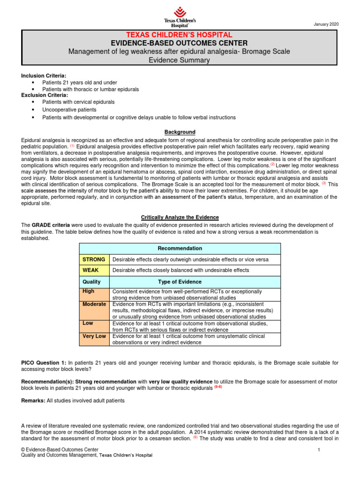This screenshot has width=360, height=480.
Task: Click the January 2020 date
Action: (x=326, y=24)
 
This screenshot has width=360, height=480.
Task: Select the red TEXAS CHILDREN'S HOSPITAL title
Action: (x=180, y=35)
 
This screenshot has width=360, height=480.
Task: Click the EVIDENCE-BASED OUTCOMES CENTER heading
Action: (x=180, y=43)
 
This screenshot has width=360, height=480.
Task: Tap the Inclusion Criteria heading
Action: (x=44, y=76)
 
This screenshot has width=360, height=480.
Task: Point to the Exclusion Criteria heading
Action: (x=45, y=95)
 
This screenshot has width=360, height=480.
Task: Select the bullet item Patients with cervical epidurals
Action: (x=78, y=102)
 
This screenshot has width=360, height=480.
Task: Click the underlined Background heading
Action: (x=180, y=132)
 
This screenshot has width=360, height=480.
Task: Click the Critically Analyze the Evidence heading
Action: (x=180, y=217)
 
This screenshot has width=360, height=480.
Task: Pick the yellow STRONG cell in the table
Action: (x=94, y=259)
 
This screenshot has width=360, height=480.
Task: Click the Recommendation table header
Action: (x=180, y=248)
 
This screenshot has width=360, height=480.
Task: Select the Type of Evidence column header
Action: (x=180, y=282)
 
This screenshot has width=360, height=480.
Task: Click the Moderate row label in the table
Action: (x=94, y=304)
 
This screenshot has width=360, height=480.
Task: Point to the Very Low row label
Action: (x=94, y=336)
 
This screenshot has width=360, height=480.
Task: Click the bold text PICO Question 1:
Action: (x=44, y=362)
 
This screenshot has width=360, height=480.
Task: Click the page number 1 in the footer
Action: (x=318, y=450)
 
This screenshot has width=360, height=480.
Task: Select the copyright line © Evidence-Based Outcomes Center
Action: (x=60, y=450)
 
